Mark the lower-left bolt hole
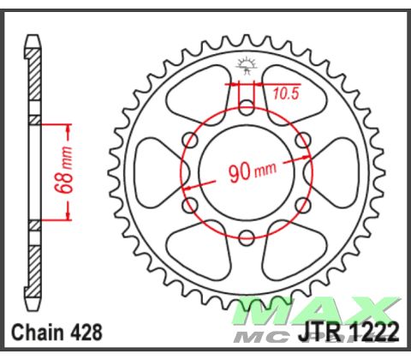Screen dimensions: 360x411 [x=189, y=205]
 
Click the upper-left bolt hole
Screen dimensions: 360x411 [x=189, y=140]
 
